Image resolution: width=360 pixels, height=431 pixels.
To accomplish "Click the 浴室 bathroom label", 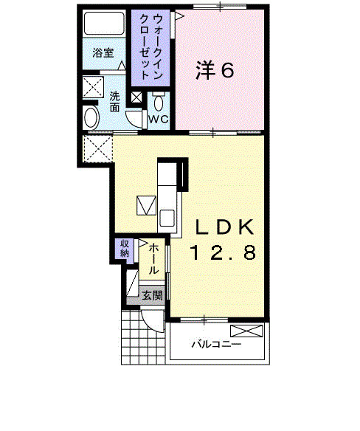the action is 103,53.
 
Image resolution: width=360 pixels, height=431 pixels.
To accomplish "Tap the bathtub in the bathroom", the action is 104,23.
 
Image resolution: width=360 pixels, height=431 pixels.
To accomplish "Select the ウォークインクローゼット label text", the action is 151,46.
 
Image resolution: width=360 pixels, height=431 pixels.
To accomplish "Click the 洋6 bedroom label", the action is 215,70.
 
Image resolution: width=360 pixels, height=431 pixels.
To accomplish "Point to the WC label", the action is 159,119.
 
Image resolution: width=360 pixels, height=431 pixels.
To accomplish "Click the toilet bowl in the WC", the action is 159,103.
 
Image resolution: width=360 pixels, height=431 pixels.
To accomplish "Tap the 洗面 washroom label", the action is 114,102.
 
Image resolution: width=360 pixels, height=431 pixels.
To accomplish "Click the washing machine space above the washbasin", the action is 93,87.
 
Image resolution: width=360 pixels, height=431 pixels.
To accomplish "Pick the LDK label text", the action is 224,227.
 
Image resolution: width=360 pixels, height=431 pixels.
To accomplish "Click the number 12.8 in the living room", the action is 223,252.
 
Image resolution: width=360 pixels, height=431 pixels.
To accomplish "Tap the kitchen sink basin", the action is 167,218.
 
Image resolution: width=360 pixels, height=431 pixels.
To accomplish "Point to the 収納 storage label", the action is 124,248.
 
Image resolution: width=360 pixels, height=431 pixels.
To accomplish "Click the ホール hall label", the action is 153,260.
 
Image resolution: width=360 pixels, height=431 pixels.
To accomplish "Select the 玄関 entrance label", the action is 152,295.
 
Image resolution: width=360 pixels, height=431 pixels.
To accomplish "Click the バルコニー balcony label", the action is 217,344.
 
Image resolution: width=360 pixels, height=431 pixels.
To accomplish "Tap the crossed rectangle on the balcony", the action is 246,331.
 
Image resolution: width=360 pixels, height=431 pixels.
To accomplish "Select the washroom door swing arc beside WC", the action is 133,120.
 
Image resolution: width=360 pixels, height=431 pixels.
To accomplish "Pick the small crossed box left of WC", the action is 136,97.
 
